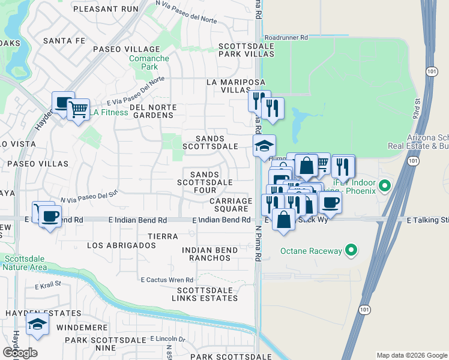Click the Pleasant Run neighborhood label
coord(107,9)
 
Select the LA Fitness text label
coord(109,112)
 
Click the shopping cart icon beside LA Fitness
coord(78,110)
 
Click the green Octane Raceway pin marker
coord(352,251)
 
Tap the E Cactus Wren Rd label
coord(167,280)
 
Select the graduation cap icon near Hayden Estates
coord(38,325)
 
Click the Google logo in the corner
coord(20,353)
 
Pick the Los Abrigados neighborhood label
coord(122,245)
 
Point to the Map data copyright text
coord(411,355)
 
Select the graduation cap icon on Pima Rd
coord(264,145)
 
